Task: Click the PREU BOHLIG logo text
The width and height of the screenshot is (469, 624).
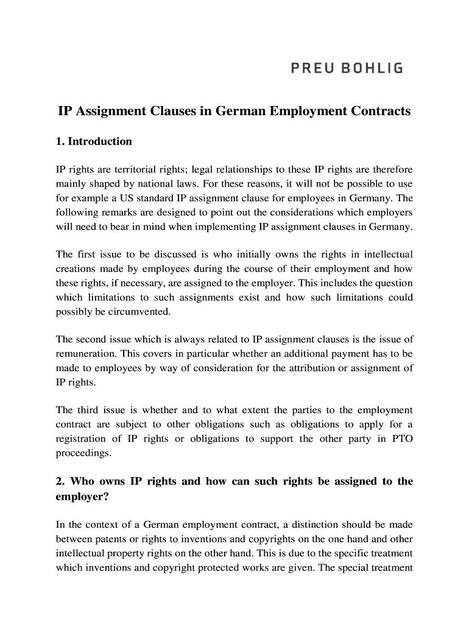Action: click(x=346, y=68)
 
